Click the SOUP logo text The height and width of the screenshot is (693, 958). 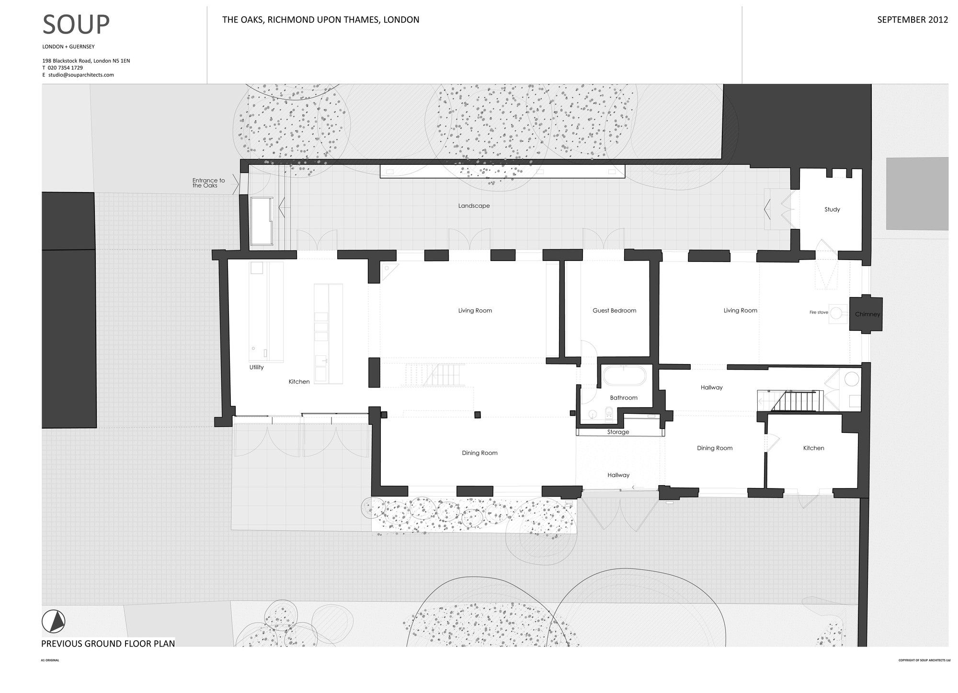pos(76,25)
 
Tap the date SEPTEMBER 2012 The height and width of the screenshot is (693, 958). pos(912,20)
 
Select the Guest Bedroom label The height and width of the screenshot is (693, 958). pos(614,311)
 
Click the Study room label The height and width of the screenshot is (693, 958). pos(832,210)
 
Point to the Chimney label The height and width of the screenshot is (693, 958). pos(867,315)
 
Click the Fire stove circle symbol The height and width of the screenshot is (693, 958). pos(836,313)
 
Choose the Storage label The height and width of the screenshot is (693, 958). pos(618,432)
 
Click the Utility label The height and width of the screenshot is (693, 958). pos(256,367)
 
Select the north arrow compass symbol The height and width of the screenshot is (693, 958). pos(53,622)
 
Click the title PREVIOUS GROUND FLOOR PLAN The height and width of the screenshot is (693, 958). pos(108,644)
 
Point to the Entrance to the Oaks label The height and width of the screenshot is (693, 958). pos(208,183)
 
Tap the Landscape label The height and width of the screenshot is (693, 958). pos(474,206)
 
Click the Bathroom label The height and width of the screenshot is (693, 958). pos(624,398)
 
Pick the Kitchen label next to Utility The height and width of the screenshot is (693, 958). pos(299,382)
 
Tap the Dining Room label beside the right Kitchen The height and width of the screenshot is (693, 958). pos(715,448)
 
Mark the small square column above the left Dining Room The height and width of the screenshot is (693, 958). pos(477,415)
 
